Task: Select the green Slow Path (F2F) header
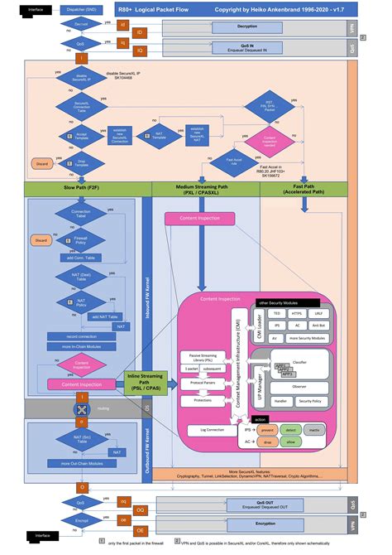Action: click(x=82, y=190)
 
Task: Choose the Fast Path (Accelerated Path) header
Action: click(x=304, y=190)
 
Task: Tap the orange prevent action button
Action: click(x=268, y=431)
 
